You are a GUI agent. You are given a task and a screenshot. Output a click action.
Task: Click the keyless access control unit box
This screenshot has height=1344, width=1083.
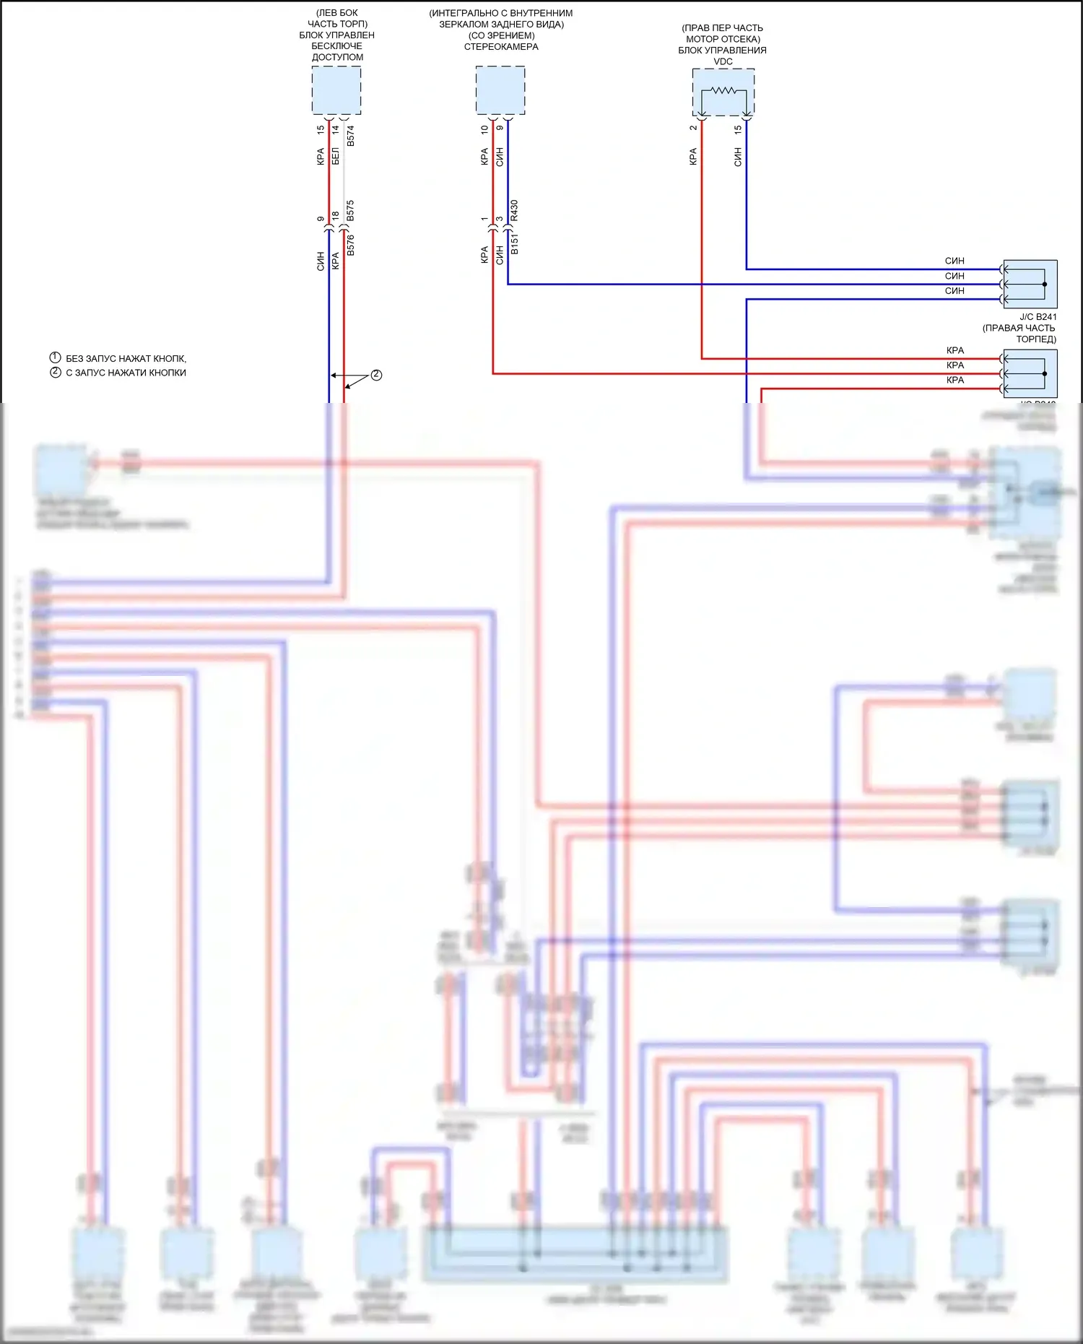pyautogui.click(x=336, y=90)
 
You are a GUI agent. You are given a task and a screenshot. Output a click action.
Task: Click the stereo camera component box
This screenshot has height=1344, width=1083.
pyautogui.click(x=500, y=90)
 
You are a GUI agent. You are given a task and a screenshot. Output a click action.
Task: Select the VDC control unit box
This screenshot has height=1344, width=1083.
pyautogui.click(x=723, y=92)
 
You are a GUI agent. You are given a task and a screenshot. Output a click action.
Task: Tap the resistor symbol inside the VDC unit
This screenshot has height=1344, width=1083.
pyautogui.click(x=723, y=91)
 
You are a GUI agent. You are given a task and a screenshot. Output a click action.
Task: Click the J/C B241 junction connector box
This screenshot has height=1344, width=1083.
pyautogui.click(x=1030, y=285)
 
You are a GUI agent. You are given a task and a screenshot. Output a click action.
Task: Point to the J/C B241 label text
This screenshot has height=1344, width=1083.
pyautogui.click(x=1038, y=317)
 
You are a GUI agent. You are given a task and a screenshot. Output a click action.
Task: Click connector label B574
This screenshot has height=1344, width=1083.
pyautogui.click(x=351, y=136)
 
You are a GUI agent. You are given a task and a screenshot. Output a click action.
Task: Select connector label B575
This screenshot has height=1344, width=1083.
pyautogui.click(x=351, y=211)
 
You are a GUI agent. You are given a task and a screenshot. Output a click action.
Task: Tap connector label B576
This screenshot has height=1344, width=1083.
pyautogui.click(x=351, y=246)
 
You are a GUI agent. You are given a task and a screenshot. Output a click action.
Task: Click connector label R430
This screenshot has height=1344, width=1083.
pyautogui.click(x=515, y=211)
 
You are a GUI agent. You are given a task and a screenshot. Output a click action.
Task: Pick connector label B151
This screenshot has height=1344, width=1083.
pyautogui.click(x=515, y=244)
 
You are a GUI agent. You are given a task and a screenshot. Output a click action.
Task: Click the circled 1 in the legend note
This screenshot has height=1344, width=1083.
pyautogui.click(x=55, y=358)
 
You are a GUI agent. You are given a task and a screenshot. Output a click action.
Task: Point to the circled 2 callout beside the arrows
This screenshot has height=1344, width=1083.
pyautogui.click(x=376, y=375)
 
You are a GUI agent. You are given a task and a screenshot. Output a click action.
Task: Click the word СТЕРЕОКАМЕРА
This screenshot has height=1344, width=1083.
pyautogui.click(x=501, y=47)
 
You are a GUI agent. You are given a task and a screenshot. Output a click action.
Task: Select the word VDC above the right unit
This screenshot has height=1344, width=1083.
pyautogui.click(x=723, y=61)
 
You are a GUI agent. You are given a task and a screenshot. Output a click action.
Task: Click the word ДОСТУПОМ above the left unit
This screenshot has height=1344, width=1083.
pyautogui.click(x=337, y=57)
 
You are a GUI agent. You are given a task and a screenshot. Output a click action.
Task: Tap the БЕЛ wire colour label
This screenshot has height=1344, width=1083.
pyautogui.click(x=336, y=156)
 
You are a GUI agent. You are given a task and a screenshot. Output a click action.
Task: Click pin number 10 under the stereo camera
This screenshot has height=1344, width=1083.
pyautogui.click(x=484, y=130)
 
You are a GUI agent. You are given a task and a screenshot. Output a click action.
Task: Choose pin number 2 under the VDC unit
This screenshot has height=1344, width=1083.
pyautogui.click(x=693, y=128)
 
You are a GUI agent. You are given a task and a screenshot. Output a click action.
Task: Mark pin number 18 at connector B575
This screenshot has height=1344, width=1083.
pyautogui.click(x=336, y=215)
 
